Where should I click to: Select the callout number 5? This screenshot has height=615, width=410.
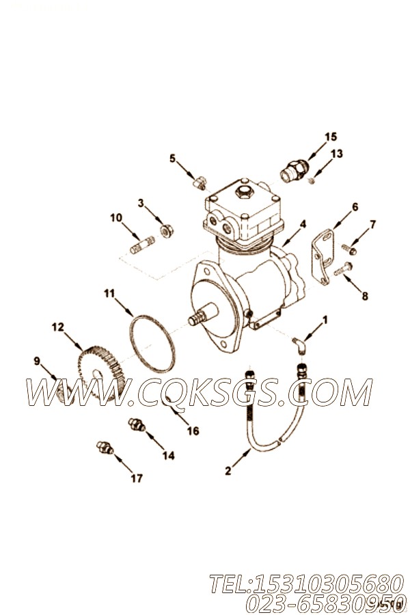coord(173,159)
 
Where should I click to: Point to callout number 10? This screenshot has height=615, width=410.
coord(116,218)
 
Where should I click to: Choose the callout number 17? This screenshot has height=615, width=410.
coord(137,478)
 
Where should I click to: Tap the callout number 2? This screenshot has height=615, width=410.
coord(228,470)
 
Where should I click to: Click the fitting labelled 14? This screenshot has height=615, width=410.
coord(135,426)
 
